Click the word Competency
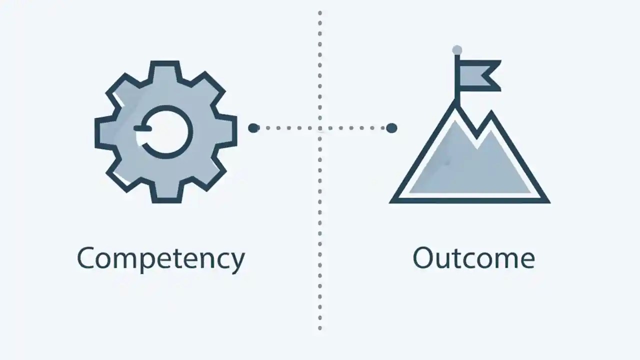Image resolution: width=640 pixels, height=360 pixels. (161, 258)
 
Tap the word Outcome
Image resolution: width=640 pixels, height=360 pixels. (473, 258)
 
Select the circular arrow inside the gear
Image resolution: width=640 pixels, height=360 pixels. (165, 131)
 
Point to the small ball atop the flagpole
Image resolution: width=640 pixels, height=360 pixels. (457, 50)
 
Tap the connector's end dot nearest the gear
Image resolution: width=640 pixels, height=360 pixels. (253, 128)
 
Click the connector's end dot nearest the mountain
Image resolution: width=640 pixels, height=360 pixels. (391, 128)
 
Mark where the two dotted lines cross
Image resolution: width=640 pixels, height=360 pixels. (320, 128)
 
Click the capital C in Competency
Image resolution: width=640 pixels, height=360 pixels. (87, 258)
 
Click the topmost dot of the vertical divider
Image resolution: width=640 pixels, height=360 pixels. (320, 12)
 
